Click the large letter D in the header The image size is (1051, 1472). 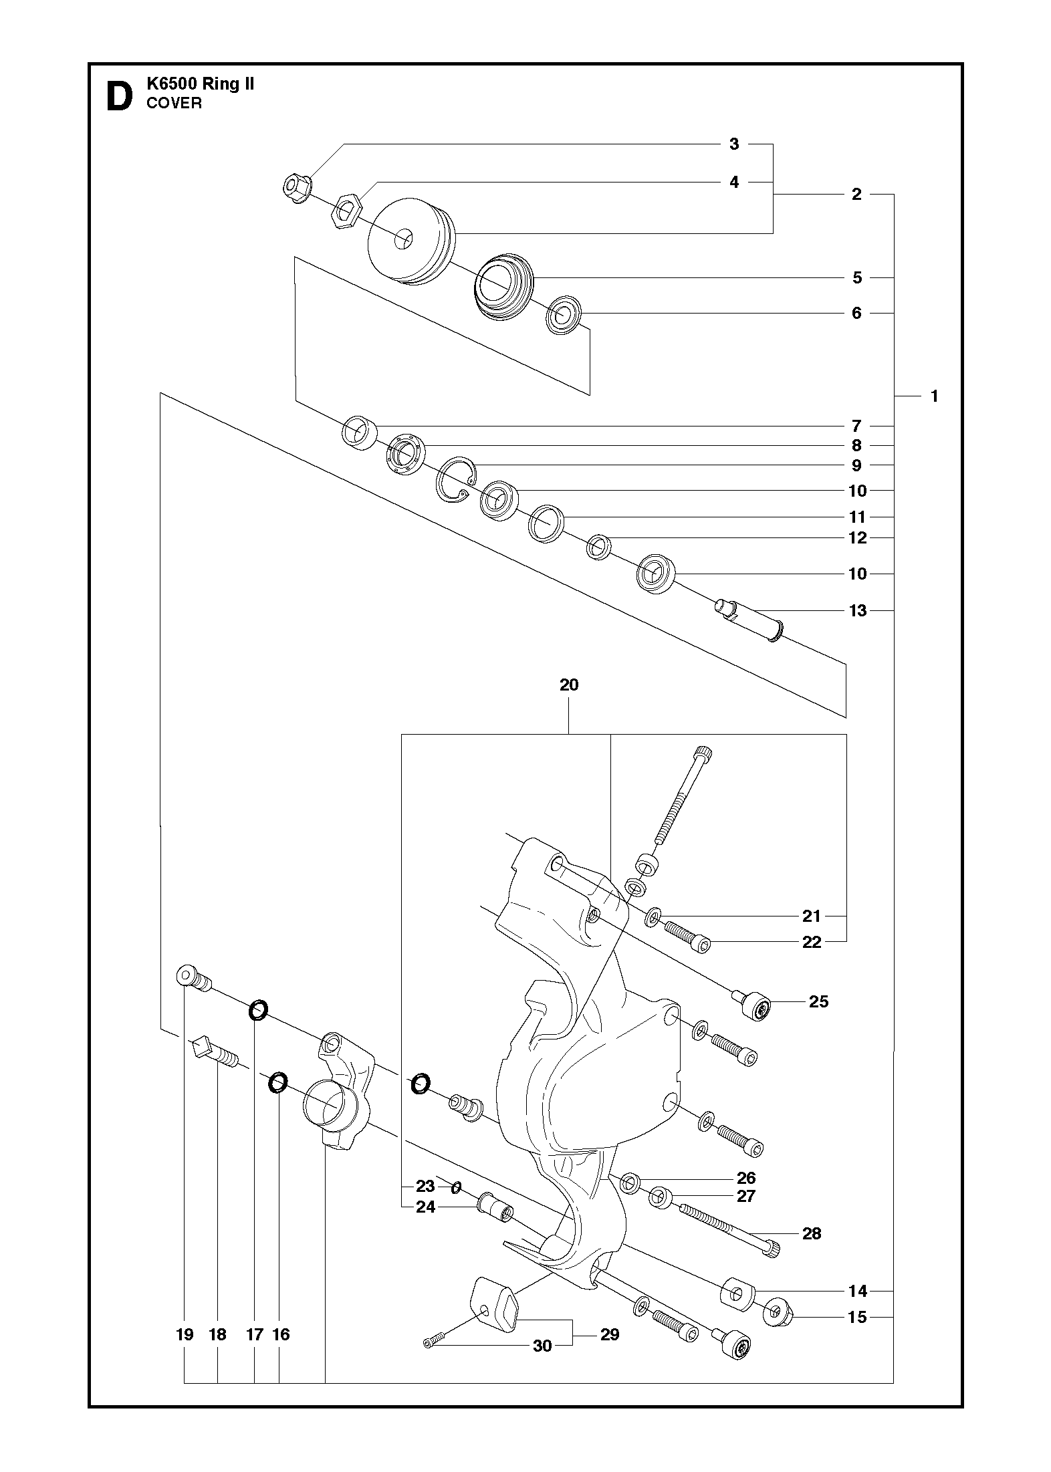pos(119,96)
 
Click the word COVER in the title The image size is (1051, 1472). pos(174,103)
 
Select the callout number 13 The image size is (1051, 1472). pos(857,610)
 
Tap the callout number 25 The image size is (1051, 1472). pos(818,1020)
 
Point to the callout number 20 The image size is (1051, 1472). pos(569,685)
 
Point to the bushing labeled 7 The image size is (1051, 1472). pos(359,433)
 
